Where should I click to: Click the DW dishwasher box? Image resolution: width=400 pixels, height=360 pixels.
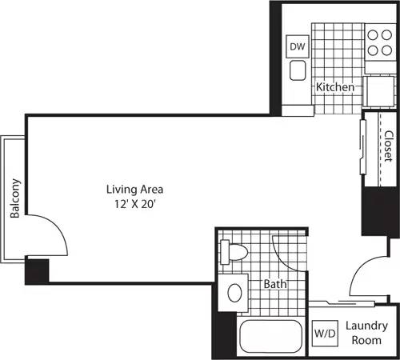pos(298,46)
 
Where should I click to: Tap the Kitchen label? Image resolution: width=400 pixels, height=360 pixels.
pos(335,86)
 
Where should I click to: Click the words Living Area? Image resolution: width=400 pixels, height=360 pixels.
pos(135,190)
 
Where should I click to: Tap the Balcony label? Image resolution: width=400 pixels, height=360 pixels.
pos(14,198)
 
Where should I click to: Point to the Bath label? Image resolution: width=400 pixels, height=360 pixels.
pos(276,283)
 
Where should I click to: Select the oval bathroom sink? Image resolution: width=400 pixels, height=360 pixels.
pos(235,293)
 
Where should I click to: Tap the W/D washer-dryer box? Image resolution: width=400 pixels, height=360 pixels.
pos(325,332)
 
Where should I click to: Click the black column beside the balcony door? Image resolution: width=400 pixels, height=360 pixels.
pos(37,270)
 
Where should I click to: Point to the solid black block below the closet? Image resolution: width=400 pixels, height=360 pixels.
pos(380,212)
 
